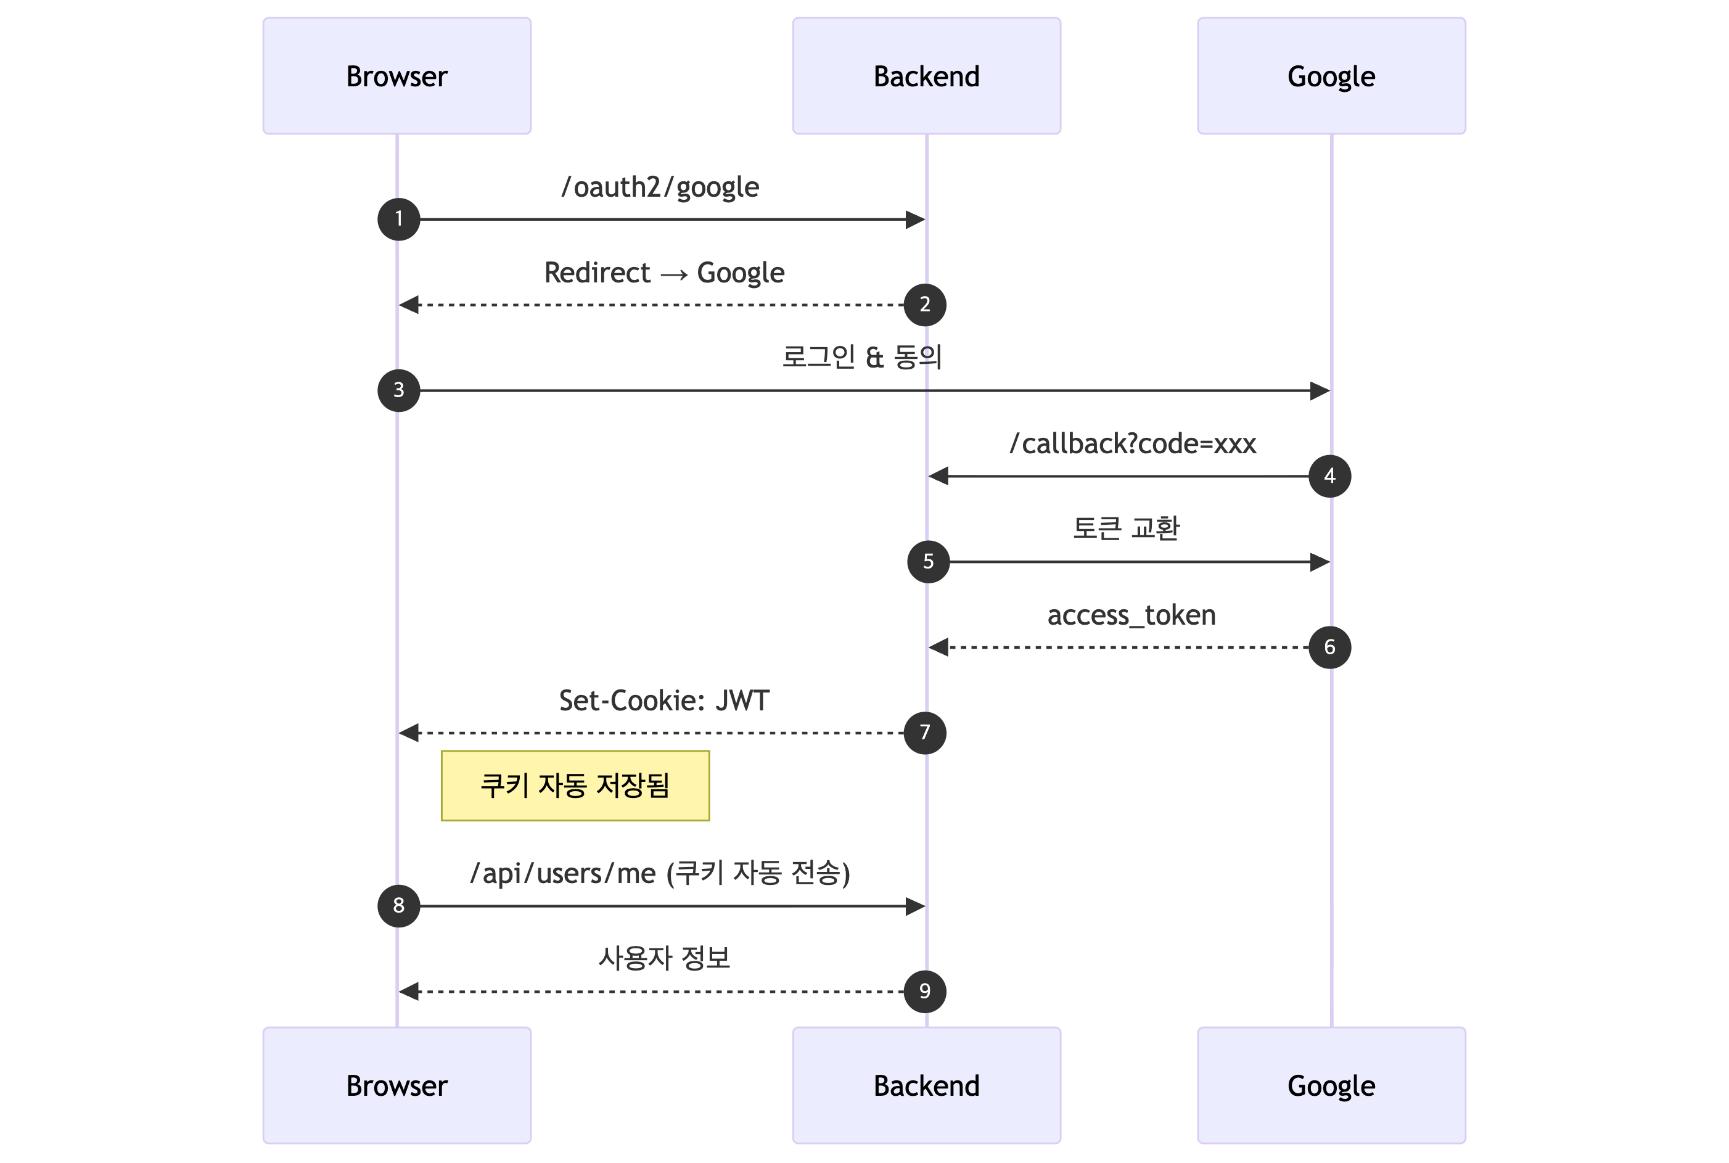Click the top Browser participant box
(397, 76)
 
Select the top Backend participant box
(926, 76)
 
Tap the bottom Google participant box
(1331, 1085)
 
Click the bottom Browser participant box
(397, 1085)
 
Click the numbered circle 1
(398, 219)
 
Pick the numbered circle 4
(1329, 475)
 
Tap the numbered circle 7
(924, 732)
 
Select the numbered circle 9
(924, 991)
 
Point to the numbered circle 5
(928, 562)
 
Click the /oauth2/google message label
(659, 187)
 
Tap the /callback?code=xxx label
(1132, 443)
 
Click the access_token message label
(1131, 615)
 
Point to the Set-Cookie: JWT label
(664, 700)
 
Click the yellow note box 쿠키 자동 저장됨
(575, 786)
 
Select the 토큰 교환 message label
(1126, 528)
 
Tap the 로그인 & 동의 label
(862, 357)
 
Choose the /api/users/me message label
(659, 873)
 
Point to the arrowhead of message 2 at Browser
(409, 304)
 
